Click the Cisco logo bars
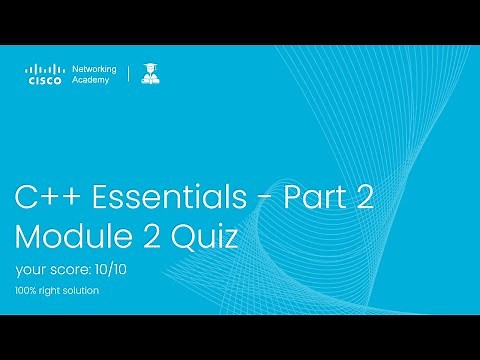pyautogui.click(x=44, y=69)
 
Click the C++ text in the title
pyautogui.click(x=47, y=197)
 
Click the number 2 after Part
pyautogui.click(x=363, y=197)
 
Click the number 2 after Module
pyautogui.click(x=157, y=238)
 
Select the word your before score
pyautogui.click(x=29, y=270)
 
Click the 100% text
pyautogui.click(x=27, y=291)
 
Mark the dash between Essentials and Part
pyautogui.click(x=260, y=199)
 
